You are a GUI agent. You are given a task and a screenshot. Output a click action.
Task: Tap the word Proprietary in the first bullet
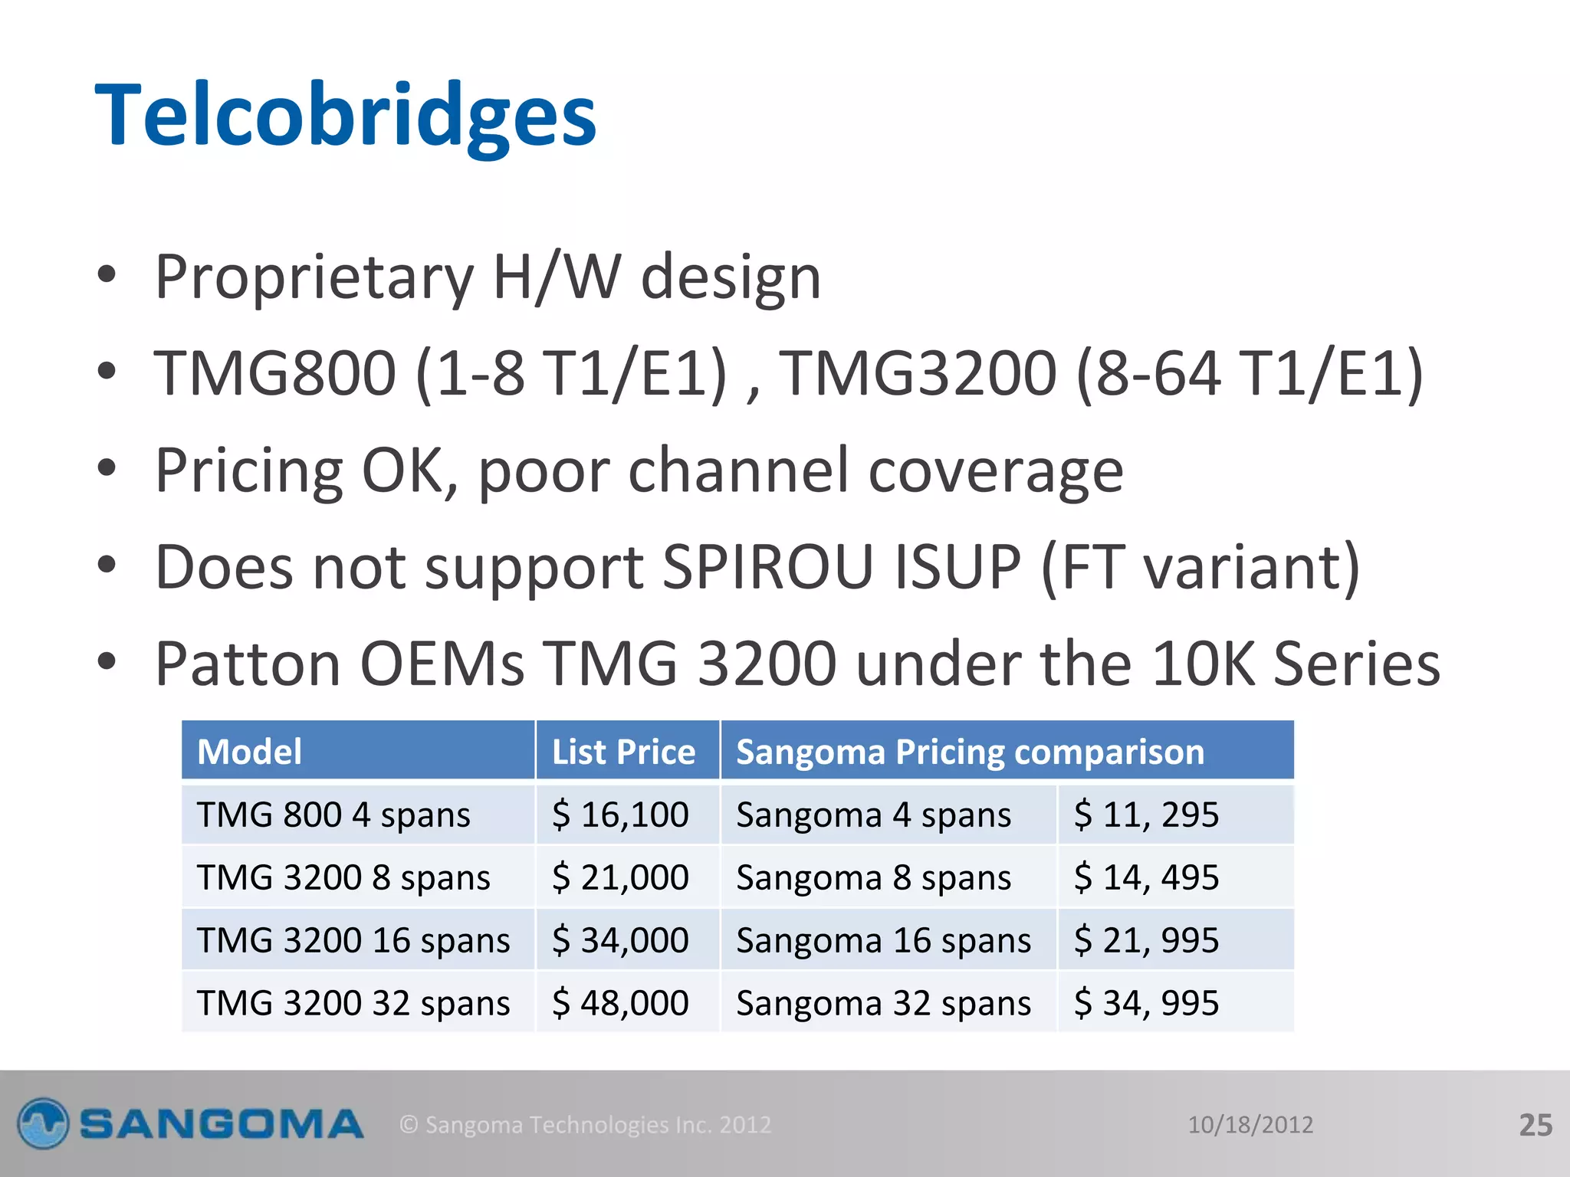pos(314,277)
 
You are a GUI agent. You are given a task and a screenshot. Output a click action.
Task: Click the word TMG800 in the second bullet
pos(274,374)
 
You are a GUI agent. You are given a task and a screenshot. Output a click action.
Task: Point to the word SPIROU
pos(767,568)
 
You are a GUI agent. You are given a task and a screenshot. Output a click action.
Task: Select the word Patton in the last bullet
pos(248,664)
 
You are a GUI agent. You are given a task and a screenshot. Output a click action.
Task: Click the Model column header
pos(250,752)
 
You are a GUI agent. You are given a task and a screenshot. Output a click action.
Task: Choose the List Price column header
pos(623,752)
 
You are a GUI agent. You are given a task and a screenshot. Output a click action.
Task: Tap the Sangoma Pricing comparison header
pos(970,752)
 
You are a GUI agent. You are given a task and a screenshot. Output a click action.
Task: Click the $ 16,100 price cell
pos(620,815)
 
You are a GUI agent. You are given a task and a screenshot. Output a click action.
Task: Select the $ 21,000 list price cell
pos(620,877)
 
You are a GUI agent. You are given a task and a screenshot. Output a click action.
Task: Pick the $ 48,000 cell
pos(620,1003)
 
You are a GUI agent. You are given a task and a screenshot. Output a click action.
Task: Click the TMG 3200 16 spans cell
pos(353,940)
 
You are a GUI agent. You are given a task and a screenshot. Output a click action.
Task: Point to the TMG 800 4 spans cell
pos(333,815)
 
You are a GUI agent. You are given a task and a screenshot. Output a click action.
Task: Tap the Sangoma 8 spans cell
pos(874,877)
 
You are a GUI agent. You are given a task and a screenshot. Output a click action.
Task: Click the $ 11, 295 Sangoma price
pos(1146,815)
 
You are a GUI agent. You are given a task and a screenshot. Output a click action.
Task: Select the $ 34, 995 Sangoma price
pos(1146,1003)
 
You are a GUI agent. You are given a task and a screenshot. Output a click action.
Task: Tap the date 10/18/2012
pos(1250,1125)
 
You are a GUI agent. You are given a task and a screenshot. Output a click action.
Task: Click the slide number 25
pos(1536,1125)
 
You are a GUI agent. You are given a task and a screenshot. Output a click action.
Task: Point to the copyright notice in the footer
pos(586,1125)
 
